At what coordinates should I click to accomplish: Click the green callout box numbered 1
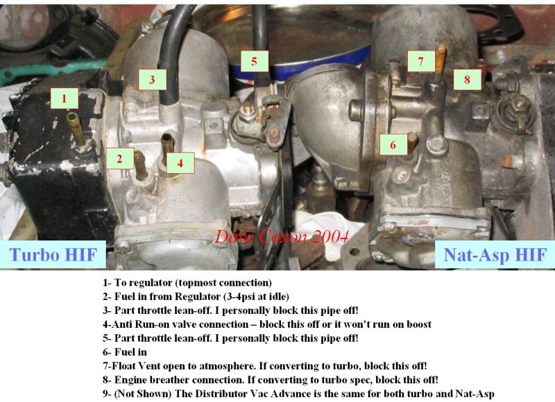click(64, 98)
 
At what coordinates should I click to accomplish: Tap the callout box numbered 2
click(120, 159)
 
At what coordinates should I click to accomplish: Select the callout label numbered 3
click(152, 79)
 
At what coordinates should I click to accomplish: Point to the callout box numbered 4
click(180, 163)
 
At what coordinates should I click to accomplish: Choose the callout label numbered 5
click(255, 61)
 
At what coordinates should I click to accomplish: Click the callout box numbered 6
click(393, 144)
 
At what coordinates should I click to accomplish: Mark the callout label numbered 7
click(421, 61)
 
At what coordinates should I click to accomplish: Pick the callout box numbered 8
click(467, 79)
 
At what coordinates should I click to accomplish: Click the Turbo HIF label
click(53, 254)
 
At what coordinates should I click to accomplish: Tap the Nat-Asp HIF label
click(495, 254)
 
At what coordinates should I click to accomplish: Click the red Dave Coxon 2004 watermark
click(282, 236)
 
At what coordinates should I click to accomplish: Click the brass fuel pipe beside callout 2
click(141, 165)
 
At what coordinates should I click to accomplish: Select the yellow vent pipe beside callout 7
click(441, 59)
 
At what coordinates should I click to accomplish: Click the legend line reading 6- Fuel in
click(125, 352)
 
